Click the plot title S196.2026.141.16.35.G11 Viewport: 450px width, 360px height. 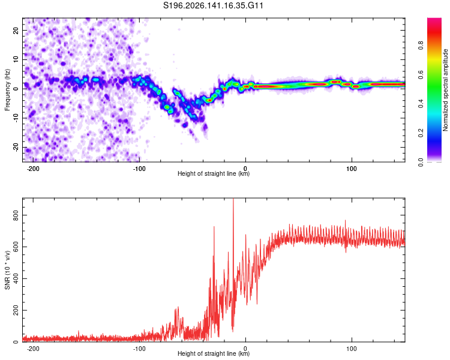point(213,5)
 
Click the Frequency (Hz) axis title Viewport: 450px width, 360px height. point(7,90)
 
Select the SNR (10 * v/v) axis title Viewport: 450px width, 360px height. point(7,270)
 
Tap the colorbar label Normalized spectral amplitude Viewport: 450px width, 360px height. point(445,90)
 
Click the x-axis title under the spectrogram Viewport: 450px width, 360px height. point(214,173)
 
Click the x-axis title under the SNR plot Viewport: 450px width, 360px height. point(214,353)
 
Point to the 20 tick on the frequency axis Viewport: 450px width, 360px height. point(16,30)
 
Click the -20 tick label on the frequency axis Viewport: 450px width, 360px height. point(16,147)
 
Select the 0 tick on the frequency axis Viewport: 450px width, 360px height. point(16,89)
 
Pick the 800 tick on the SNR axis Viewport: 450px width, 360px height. point(16,215)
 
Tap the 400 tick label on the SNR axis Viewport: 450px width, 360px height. point(16,278)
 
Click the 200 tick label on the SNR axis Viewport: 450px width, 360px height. point(16,310)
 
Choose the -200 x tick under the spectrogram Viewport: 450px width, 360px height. point(33,169)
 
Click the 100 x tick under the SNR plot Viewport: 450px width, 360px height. point(352,349)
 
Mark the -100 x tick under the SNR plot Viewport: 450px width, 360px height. point(139,349)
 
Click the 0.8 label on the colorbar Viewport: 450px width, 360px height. point(421,46)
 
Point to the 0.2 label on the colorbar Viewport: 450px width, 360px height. point(421,133)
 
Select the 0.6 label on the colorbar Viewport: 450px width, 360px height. point(421,74)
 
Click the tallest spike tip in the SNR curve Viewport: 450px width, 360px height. point(233,199)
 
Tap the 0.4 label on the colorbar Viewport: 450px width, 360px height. point(421,104)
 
